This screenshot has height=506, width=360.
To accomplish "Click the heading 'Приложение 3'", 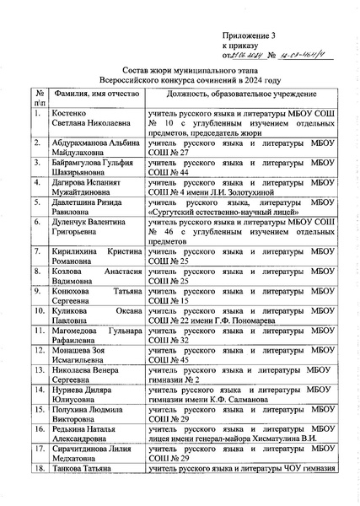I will tap(250, 35).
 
